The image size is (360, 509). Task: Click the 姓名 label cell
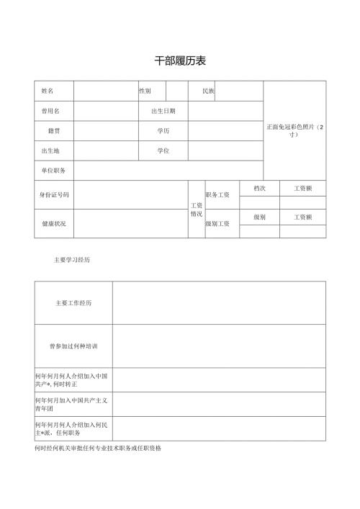point(48,91)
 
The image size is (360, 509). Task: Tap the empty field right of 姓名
point(106,91)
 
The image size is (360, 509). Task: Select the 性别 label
point(145,91)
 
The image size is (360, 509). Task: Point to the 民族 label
point(208,91)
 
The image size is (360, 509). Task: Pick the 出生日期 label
point(163,111)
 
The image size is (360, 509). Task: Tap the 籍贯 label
point(53,131)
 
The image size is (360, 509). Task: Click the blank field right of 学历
point(225,131)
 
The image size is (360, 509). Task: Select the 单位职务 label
point(53,171)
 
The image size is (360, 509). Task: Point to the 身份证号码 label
point(54,195)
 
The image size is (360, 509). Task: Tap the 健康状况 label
point(53,224)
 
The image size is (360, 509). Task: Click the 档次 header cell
point(259,188)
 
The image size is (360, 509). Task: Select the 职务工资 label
point(217,195)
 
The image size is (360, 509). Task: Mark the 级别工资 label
point(217,224)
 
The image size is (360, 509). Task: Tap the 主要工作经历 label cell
point(73,303)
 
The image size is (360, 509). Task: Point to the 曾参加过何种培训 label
point(73,346)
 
